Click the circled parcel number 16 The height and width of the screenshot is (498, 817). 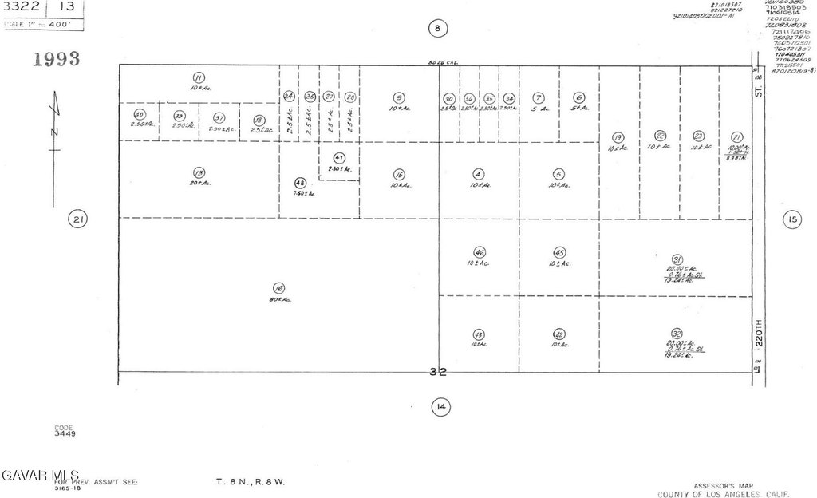point(278,288)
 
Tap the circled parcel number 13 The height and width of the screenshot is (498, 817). point(199,172)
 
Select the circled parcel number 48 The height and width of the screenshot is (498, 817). point(300,182)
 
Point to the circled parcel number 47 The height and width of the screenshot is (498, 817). point(339,158)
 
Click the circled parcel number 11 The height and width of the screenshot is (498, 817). point(198,77)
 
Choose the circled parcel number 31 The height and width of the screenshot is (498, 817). point(677,259)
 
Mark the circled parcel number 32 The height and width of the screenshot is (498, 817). point(677,334)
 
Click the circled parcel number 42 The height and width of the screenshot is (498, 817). point(559,334)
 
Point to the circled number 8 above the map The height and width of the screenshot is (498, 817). point(437,29)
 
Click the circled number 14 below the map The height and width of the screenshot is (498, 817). point(440,408)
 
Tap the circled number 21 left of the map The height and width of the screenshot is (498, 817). point(77,219)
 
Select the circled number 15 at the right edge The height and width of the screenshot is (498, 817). point(791,219)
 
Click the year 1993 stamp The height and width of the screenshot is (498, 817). point(56,59)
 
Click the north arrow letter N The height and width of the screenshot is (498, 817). point(53,131)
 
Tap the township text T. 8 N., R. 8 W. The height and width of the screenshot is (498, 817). point(251,482)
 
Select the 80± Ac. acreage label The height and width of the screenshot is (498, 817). point(280,300)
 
